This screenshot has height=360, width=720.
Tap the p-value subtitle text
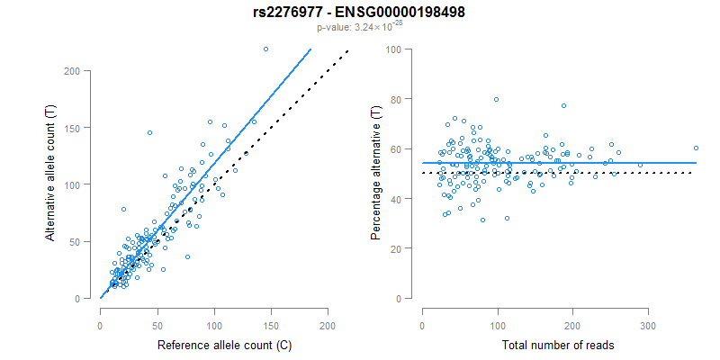(359, 28)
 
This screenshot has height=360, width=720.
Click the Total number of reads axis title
(558, 345)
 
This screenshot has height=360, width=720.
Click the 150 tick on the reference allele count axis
(271, 312)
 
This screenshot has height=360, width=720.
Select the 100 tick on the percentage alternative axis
(394, 49)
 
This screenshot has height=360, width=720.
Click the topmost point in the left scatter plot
(265, 49)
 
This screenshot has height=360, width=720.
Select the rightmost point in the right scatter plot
(696, 148)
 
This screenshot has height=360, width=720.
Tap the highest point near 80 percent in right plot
(496, 99)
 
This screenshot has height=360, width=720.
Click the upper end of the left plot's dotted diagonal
(347, 50)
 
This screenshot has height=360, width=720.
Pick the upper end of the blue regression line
(310, 49)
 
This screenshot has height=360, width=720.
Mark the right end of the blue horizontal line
(696, 163)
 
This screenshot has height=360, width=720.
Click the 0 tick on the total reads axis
(422, 312)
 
